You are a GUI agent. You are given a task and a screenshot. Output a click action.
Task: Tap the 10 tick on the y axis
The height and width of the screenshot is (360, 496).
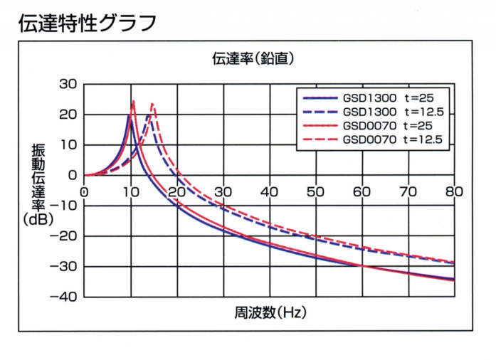68,145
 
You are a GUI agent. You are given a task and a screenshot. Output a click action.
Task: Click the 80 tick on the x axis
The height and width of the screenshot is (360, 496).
454,192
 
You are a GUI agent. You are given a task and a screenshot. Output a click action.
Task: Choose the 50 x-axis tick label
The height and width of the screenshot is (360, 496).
315,192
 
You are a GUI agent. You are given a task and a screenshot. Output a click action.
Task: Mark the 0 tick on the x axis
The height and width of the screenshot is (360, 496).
84,192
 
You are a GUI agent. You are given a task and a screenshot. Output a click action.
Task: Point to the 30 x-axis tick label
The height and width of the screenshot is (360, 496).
223,192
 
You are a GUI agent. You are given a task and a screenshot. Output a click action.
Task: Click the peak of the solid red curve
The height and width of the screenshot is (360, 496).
133,101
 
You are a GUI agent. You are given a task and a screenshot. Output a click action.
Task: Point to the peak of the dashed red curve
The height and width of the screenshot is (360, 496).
152,105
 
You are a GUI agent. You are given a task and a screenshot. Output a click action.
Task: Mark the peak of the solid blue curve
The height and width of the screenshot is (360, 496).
129,115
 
